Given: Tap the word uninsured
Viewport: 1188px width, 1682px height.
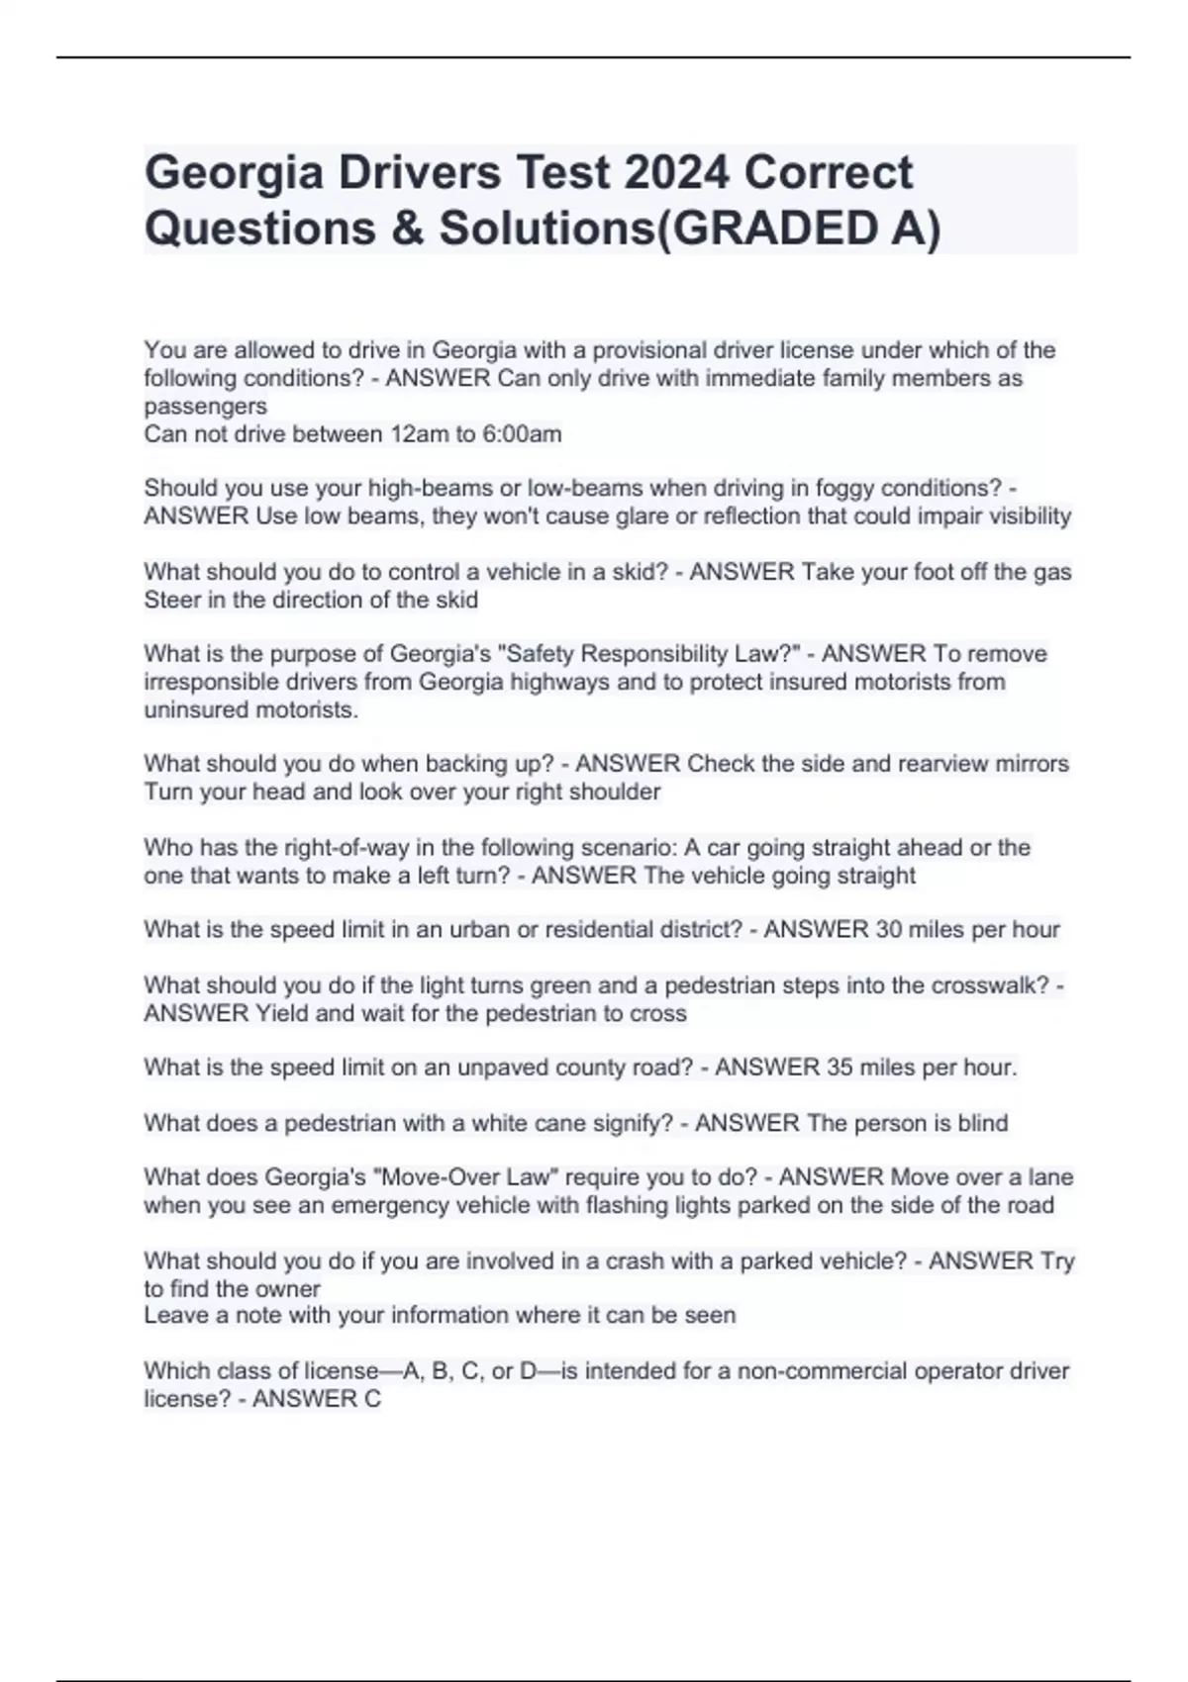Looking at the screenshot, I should click(x=197, y=709).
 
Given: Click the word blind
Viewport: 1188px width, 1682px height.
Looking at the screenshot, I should click(x=983, y=1123).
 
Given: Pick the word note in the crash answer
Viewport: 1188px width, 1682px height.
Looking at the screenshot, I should click(x=303, y=1315).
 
